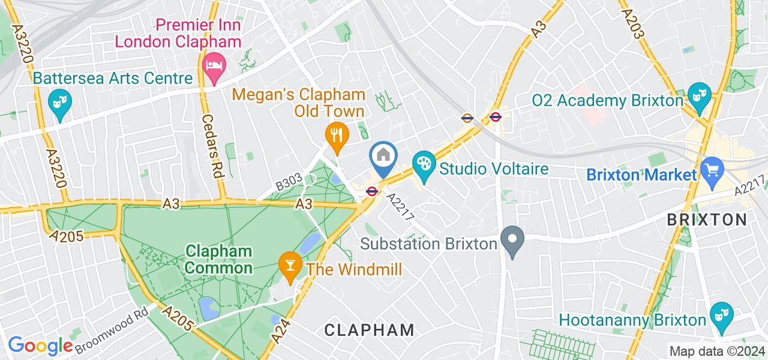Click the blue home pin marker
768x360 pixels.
[x=384, y=157]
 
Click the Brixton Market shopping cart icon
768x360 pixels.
[x=713, y=170]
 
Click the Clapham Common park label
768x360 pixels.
[x=219, y=259]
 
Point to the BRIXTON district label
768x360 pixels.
[x=707, y=220]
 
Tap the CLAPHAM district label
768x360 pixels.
[x=369, y=329]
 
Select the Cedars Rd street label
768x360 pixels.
[x=212, y=146]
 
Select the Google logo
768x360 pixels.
[x=40, y=346]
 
